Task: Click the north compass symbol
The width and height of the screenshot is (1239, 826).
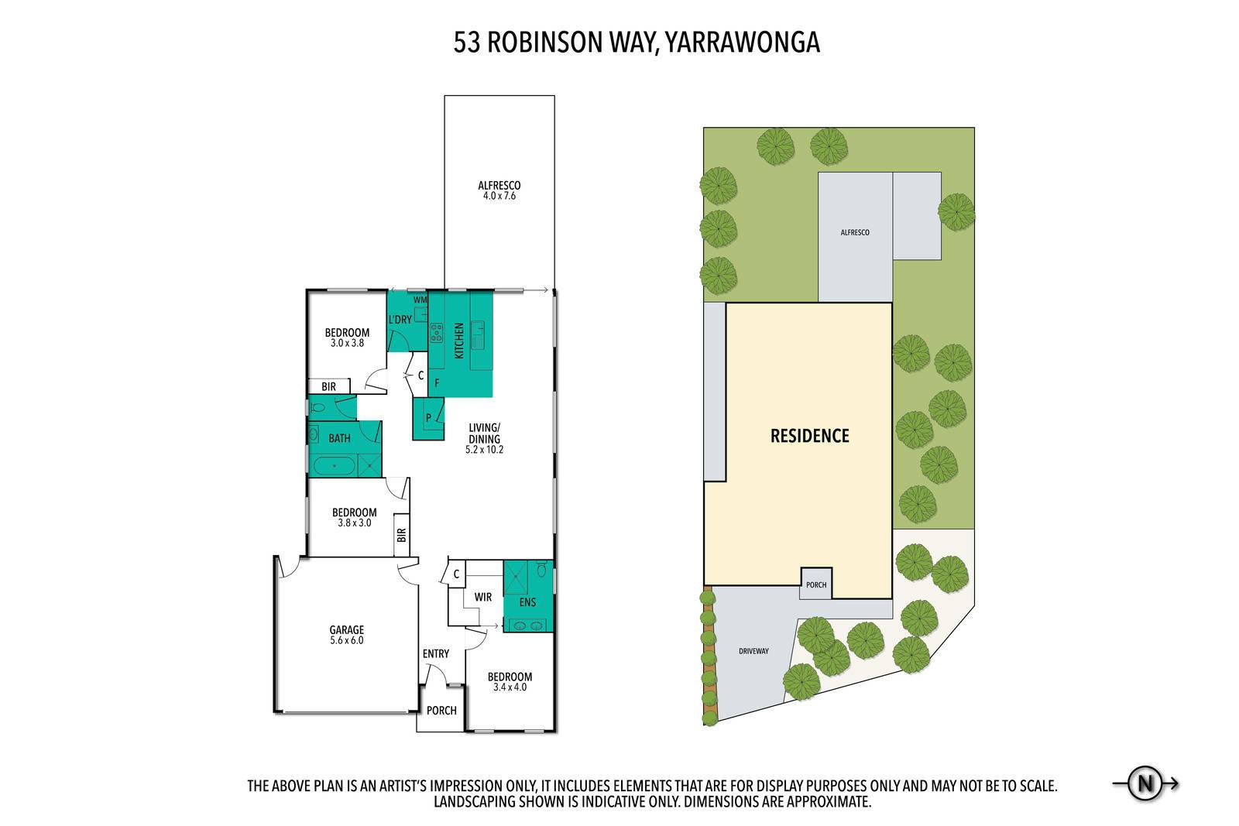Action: pos(1145,783)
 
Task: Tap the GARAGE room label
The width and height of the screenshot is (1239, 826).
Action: pos(347,629)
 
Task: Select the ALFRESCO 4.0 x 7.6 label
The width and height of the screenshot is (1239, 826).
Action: pos(499,190)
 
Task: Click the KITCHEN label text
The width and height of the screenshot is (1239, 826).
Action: pos(459,341)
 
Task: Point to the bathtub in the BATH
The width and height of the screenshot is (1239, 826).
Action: pos(334,466)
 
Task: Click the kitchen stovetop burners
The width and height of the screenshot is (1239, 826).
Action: pos(436,332)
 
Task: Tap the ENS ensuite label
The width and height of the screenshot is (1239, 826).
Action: pos(527,602)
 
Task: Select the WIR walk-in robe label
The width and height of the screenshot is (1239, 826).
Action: pos(483,597)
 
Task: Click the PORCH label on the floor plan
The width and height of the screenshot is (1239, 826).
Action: pos(441,711)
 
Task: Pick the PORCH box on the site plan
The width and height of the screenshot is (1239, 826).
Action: pos(816,583)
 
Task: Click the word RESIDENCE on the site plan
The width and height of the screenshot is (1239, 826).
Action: pos(810,436)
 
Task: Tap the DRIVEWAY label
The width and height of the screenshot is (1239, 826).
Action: pos(754,651)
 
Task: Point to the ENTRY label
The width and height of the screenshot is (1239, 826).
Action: pos(436,654)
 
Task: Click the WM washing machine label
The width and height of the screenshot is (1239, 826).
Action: pos(420,300)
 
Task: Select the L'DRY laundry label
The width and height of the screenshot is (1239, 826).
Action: pos(400,320)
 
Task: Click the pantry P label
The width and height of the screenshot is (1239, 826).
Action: pos(428,418)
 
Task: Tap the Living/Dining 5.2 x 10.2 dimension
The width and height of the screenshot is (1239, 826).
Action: pos(485,450)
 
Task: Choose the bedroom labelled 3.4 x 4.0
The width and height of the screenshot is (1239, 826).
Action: pos(510,682)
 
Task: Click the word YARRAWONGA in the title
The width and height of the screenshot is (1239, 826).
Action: pos(742,43)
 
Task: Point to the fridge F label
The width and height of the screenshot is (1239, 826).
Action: pos(437,382)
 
